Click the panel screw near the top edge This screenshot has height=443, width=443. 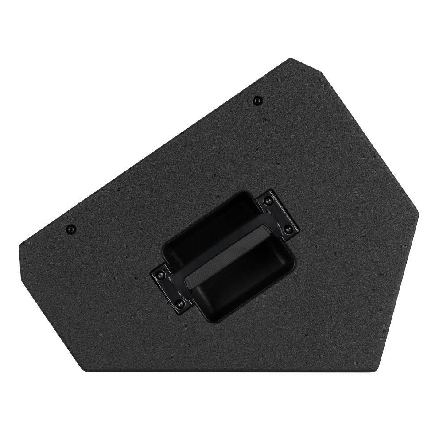(256, 100)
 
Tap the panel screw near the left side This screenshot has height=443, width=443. (70, 229)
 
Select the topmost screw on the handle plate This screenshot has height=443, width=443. (267, 201)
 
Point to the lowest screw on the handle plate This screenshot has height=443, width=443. (180, 303)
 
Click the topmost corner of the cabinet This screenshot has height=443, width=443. (290, 59)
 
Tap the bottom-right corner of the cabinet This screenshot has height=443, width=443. (380, 370)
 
